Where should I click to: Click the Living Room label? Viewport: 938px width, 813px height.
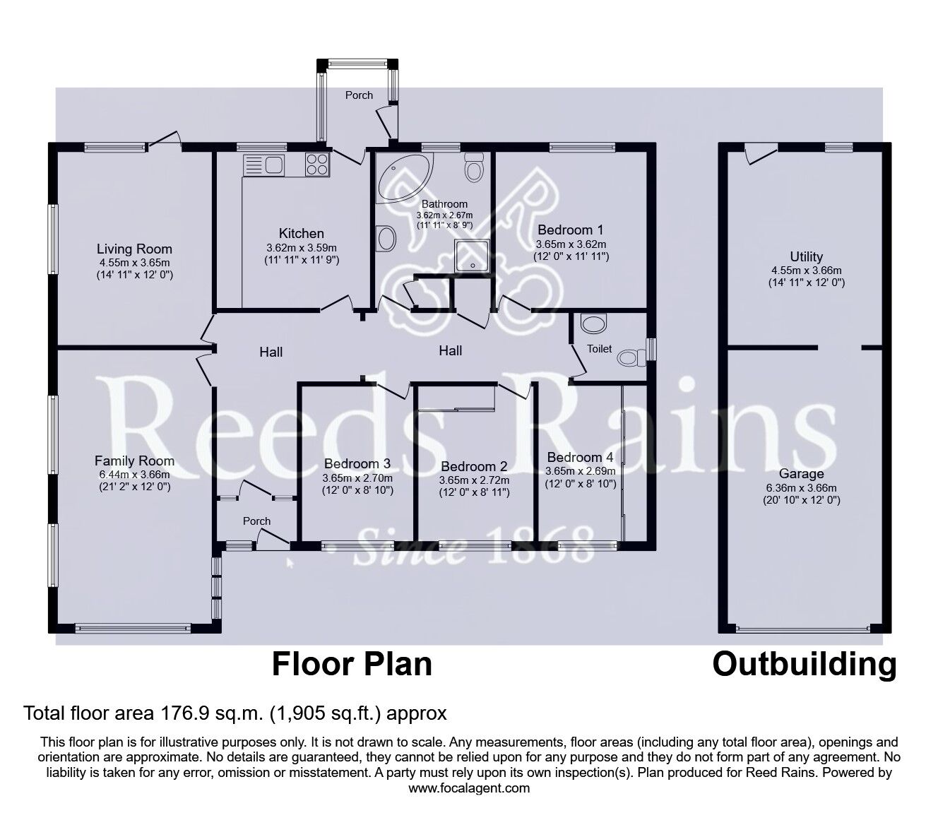tap(134, 249)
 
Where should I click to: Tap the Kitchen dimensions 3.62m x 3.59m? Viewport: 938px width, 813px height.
tap(301, 248)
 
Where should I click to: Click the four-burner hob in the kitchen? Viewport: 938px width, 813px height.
tap(317, 165)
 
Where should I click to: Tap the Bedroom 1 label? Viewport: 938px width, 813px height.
tap(570, 230)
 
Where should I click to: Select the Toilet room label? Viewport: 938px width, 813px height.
tap(600, 349)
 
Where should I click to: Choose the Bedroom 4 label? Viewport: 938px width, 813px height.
tap(580, 457)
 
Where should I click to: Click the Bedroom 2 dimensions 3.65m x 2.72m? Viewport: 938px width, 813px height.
tap(474, 480)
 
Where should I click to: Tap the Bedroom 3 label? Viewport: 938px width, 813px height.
tap(357, 463)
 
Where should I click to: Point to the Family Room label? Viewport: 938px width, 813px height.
tap(134, 461)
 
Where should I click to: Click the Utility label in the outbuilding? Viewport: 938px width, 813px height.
tap(806, 256)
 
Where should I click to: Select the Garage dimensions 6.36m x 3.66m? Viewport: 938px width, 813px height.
tap(801, 487)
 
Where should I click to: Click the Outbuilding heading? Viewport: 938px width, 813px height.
tap(804, 665)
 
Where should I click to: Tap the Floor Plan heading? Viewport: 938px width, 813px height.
tap(352, 665)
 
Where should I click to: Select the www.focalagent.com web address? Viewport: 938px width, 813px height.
tap(469, 788)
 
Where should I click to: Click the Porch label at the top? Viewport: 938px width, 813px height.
tap(359, 95)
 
